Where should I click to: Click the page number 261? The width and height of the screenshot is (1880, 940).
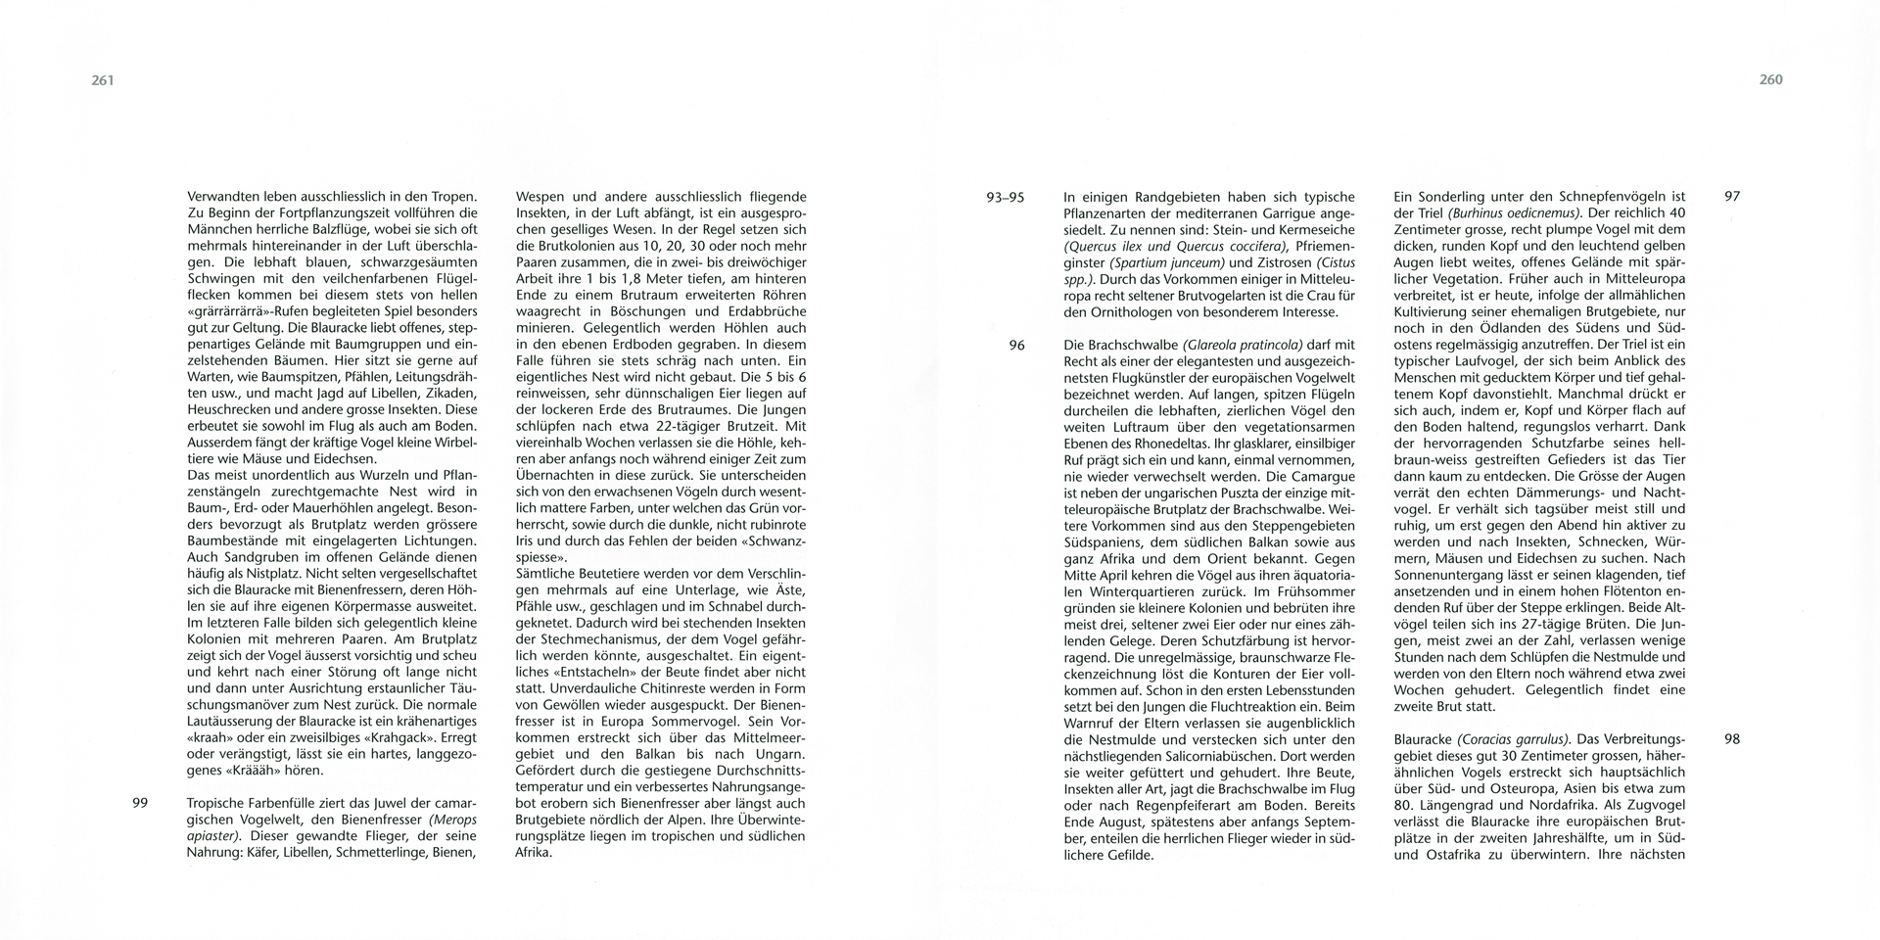tap(103, 80)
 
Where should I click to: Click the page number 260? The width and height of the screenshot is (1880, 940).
tap(1770, 80)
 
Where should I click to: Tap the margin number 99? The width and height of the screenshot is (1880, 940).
tap(139, 803)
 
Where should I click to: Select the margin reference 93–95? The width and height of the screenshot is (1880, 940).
tap(1005, 197)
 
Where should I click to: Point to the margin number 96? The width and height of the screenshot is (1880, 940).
tap(1016, 345)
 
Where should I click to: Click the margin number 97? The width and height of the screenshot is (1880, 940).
tap(1731, 197)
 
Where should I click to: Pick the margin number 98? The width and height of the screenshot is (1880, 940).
tap(1731, 739)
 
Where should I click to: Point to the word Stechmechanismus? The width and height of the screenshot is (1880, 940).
tap(576, 639)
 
